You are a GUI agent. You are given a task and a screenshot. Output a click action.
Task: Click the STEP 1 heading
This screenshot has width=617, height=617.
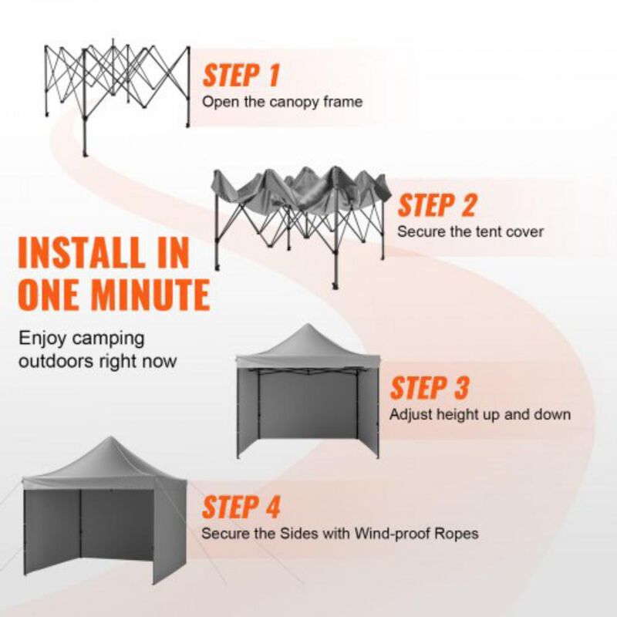pyautogui.click(x=241, y=76)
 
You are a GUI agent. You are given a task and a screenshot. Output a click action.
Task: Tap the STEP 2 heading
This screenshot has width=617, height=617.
pyautogui.click(x=437, y=206)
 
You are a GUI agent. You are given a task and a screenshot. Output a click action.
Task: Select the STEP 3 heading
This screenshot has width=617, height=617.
pyautogui.click(x=429, y=388)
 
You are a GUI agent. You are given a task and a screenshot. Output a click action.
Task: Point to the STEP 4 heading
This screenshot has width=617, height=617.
pyautogui.click(x=241, y=507)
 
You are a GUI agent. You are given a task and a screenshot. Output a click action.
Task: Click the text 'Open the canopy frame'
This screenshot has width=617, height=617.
pyautogui.click(x=282, y=102)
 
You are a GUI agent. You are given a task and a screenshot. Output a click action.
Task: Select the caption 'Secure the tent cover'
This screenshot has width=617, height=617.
pyautogui.click(x=470, y=231)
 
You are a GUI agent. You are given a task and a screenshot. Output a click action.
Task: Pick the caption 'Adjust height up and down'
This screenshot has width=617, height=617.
pyautogui.click(x=480, y=414)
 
